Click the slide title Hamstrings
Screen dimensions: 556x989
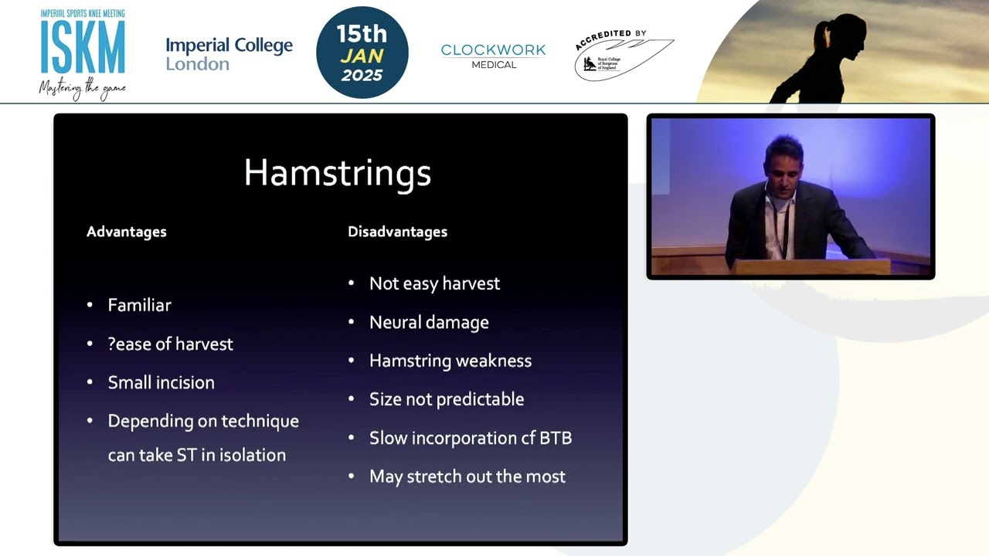[337, 173]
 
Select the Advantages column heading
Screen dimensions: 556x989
[126, 232]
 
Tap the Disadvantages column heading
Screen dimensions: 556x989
[397, 232]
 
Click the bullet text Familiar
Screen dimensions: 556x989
[139, 305]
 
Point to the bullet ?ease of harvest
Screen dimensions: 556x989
[170, 344]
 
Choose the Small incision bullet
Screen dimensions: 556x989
[161, 382]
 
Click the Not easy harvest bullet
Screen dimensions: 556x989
[434, 283]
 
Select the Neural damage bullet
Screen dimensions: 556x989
[429, 322]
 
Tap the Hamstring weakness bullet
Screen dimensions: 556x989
[450, 361]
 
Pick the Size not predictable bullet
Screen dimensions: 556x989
[446, 399]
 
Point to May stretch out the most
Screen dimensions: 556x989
[467, 476]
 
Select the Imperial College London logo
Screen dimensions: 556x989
[229, 53]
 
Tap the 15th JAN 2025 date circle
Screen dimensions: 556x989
[362, 53]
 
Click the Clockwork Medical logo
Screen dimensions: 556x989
[493, 55]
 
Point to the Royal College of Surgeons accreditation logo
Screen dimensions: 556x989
[623, 56]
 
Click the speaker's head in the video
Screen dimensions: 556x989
[782, 163]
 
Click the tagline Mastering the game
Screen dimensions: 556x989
[82, 89]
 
